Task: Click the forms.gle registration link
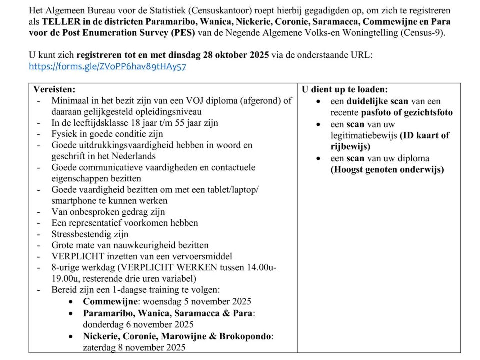point(107,66)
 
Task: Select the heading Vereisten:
point(54,90)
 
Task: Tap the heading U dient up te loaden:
point(345,90)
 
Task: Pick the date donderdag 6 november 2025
point(138,324)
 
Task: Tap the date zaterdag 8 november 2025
point(134,347)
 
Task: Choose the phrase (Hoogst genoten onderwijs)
point(387,170)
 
